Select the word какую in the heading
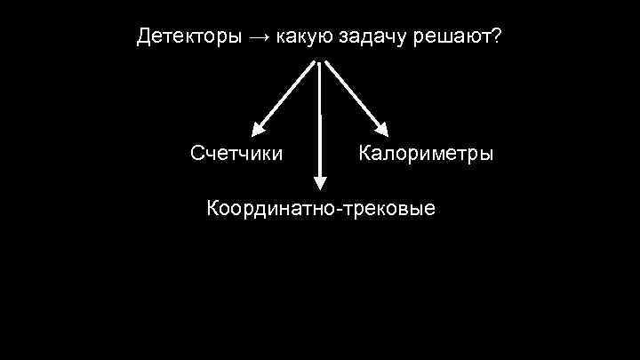[305, 37]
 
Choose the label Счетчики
[237, 153]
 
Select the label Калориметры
[426, 153]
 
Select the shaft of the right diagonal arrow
[351, 93]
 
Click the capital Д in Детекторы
[144, 38]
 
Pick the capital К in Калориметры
[364, 153]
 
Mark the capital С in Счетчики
[198, 153]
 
